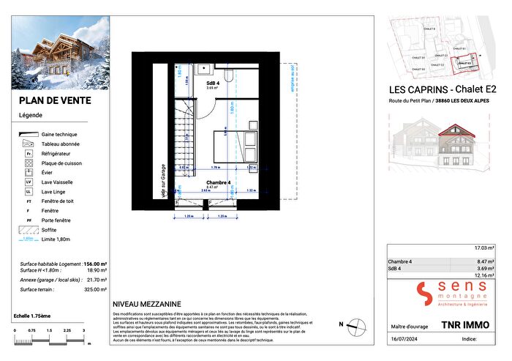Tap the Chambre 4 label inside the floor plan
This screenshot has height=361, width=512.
pyautogui.click(x=219, y=182)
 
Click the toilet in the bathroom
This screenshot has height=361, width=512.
pyautogui.click(x=229, y=74)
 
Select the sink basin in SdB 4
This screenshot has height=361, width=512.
pyautogui.click(x=202, y=70)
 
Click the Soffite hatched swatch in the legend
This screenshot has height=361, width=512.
pyautogui.click(x=29, y=229)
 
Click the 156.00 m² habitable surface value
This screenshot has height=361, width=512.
pyautogui.click(x=95, y=263)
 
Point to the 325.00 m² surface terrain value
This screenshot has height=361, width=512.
pyautogui.click(x=96, y=290)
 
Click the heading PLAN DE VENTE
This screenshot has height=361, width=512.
pyautogui.click(x=48, y=102)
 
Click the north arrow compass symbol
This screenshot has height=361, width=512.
pyautogui.click(x=355, y=324)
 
